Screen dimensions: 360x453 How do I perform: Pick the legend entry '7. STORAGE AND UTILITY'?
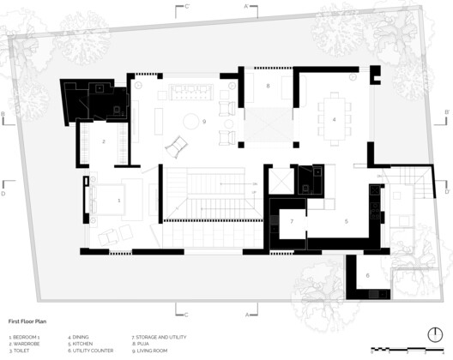click(159, 337)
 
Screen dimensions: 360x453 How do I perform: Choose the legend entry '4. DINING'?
click(80, 337)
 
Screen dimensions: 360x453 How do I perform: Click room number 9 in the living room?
click(205, 122)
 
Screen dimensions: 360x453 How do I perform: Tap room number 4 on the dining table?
click(334, 119)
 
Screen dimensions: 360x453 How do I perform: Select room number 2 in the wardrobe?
click(104, 141)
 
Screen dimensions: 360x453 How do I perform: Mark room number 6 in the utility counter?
click(367, 275)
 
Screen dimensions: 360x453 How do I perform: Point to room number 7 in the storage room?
click(291, 221)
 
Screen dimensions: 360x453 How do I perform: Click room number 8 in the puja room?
click(268, 87)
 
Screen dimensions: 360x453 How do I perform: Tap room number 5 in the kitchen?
click(346, 221)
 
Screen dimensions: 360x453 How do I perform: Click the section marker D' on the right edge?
click(447, 181)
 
